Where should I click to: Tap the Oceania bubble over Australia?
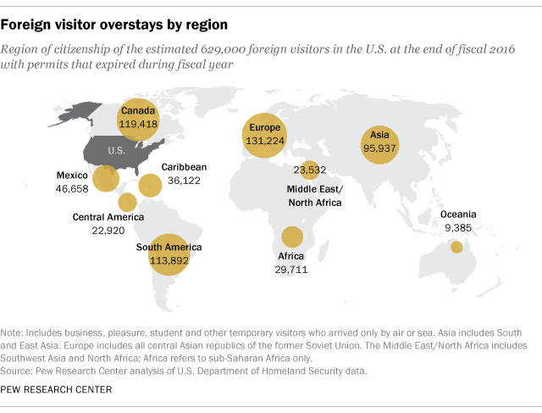point(456,247)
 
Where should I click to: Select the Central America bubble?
point(127,202)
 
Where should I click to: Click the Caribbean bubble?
point(150,186)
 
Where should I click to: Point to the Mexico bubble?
point(106,179)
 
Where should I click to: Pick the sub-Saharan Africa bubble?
point(292,237)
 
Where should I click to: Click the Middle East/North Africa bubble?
point(310,169)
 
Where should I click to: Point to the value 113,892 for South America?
point(169,260)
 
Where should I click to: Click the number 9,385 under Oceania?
point(457,227)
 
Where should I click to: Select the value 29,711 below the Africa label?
point(291,269)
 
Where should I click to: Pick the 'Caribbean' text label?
point(184,167)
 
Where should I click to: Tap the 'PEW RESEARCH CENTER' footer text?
point(57,389)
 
